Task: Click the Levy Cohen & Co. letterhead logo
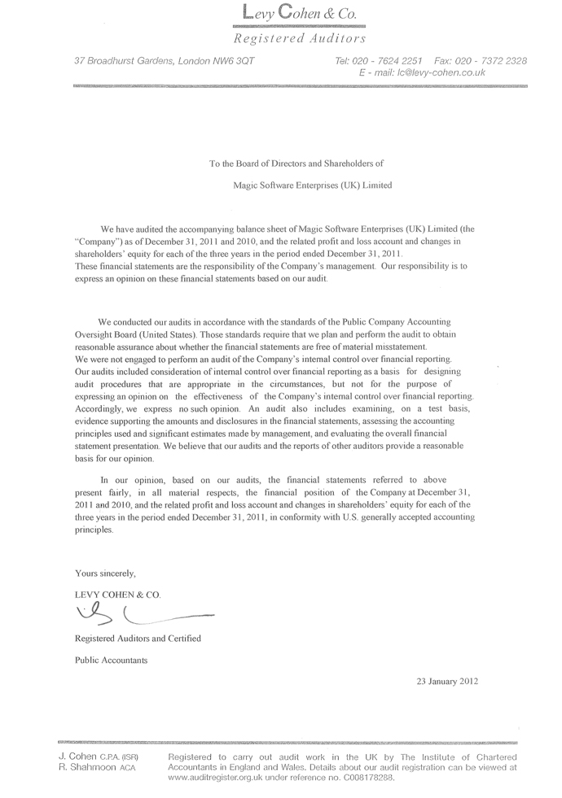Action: pyautogui.click(x=300, y=13)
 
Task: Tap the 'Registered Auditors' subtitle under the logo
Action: pyautogui.click(x=300, y=38)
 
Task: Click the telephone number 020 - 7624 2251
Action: pyautogui.click(x=393, y=61)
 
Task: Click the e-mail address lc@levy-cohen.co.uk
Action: pyautogui.click(x=440, y=72)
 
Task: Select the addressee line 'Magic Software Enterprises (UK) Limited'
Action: pyautogui.click(x=312, y=185)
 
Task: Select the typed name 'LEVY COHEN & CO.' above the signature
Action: pyautogui.click(x=118, y=595)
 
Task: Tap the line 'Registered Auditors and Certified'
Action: pyautogui.click(x=138, y=639)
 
